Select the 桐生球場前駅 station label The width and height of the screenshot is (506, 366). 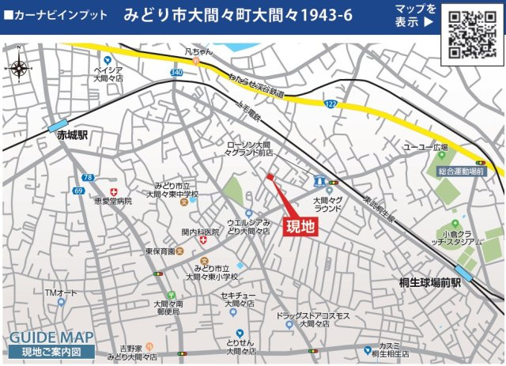coord(429,281)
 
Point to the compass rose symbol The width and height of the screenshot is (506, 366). coord(21,68)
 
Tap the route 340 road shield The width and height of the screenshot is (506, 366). coord(176,73)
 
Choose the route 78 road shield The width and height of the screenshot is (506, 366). coord(87,177)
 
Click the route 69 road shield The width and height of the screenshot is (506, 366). coord(78,191)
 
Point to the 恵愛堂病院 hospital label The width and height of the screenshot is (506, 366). coord(111,202)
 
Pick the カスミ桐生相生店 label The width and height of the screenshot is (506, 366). coord(389,349)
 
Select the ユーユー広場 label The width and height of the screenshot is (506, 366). coord(425,148)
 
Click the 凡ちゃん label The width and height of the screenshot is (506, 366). coord(199,52)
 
